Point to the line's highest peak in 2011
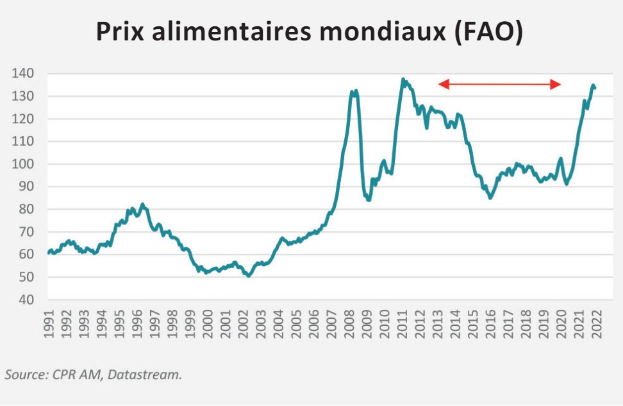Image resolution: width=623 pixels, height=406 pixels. point(403,80)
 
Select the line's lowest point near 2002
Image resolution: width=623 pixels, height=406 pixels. point(249,276)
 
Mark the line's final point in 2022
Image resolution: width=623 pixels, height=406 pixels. point(595,88)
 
